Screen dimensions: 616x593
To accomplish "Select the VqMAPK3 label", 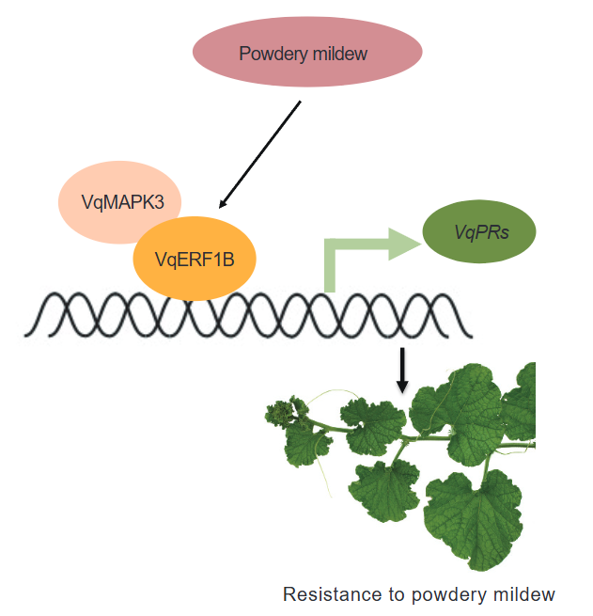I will tap(117, 201).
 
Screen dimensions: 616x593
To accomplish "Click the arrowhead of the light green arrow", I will tap(398, 243).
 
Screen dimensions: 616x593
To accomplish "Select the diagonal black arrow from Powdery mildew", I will tap(259, 154).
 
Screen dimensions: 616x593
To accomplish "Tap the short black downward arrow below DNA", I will tap(403, 369).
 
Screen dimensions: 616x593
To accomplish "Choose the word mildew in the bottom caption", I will tap(524, 594).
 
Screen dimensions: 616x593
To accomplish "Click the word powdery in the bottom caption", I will tap(455, 594).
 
